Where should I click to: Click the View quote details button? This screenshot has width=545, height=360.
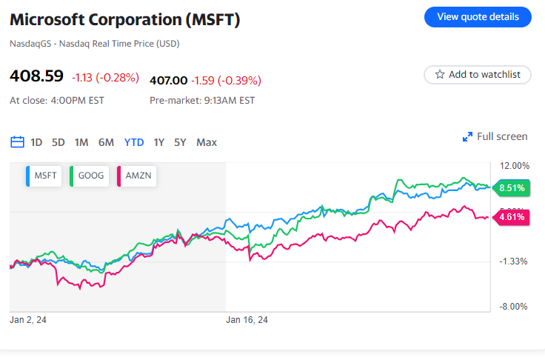click(478, 17)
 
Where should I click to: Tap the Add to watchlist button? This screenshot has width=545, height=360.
click(478, 75)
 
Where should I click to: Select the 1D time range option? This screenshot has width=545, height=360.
click(36, 142)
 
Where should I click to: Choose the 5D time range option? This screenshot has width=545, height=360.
click(58, 142)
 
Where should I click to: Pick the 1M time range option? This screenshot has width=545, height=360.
click(81, 142)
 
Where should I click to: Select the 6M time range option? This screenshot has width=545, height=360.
click(106, 142)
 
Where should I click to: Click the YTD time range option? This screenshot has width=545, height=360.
click(134, 142)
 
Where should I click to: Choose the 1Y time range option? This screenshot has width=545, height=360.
click(159, 142)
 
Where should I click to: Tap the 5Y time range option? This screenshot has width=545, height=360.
click(181, 142)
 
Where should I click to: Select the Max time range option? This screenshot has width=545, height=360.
click(207, 142)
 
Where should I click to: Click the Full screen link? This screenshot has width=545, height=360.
click(495, 136)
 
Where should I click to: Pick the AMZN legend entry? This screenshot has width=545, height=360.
click(136, 176)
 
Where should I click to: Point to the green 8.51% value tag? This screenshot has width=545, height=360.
click(511, 188)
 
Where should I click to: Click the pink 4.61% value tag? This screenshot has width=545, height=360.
click(511, 217)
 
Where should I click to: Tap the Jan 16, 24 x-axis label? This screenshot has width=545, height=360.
click(247, 320)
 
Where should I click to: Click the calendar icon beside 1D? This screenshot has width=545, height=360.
click(17, 142)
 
